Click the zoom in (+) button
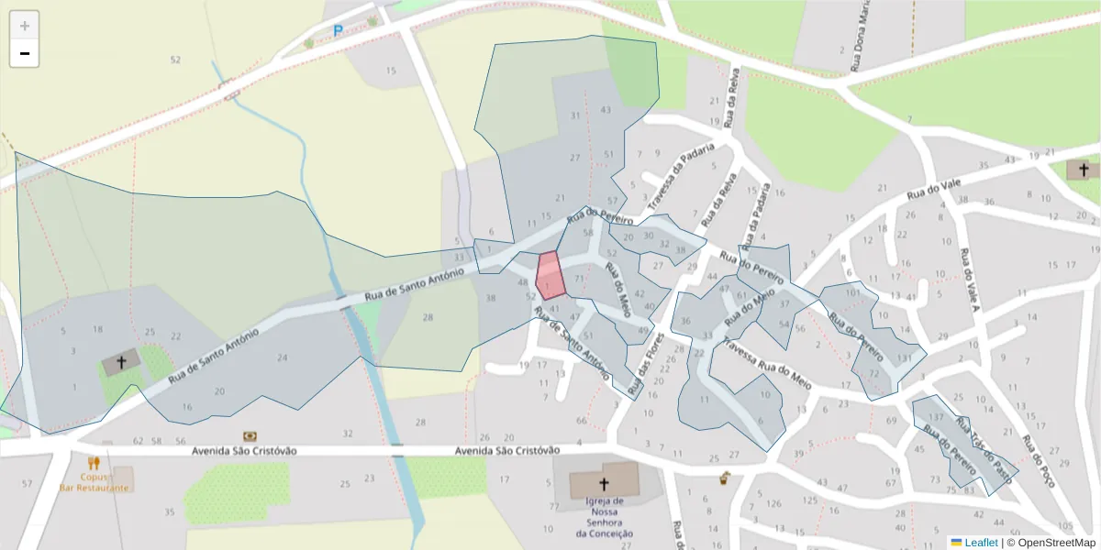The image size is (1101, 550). [24, 26]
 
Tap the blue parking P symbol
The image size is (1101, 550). [338, 31]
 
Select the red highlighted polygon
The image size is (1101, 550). [550, 275]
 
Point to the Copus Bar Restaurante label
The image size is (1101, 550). [94, 483]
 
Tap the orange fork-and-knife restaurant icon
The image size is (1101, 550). [94, 464]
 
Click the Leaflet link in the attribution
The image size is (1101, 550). [980, 543]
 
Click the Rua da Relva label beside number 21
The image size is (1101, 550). [731, 96]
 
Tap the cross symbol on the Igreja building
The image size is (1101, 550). [604, 483]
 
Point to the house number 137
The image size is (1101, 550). [936, 418]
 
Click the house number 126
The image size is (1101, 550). [774, 503]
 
